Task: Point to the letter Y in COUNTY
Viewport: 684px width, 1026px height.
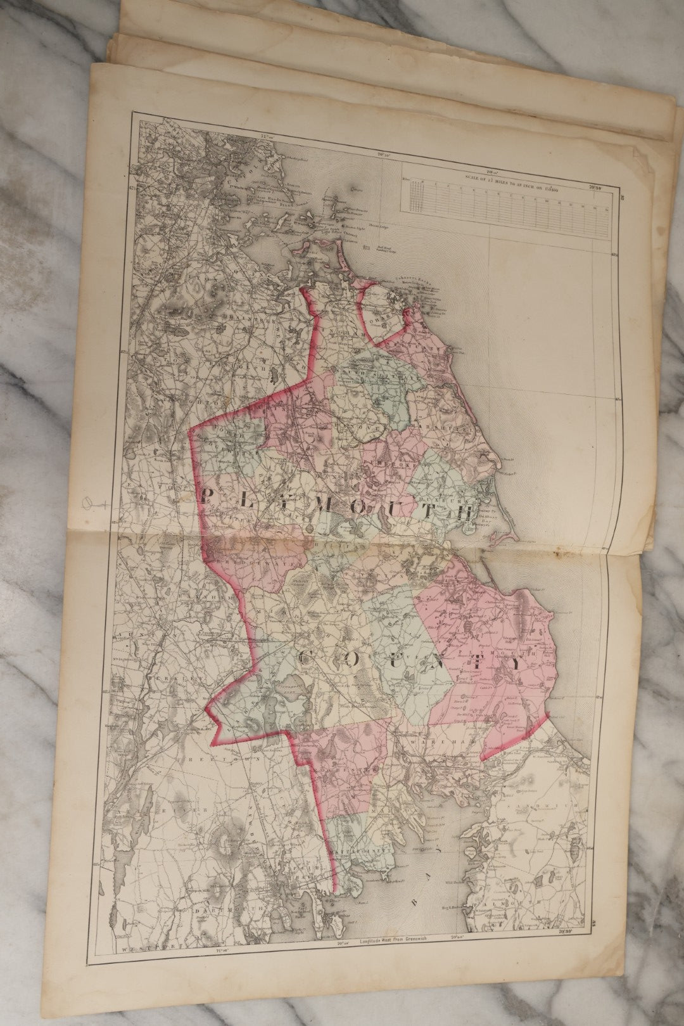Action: (515, 665)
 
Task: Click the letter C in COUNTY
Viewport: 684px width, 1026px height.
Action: (305, 658)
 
